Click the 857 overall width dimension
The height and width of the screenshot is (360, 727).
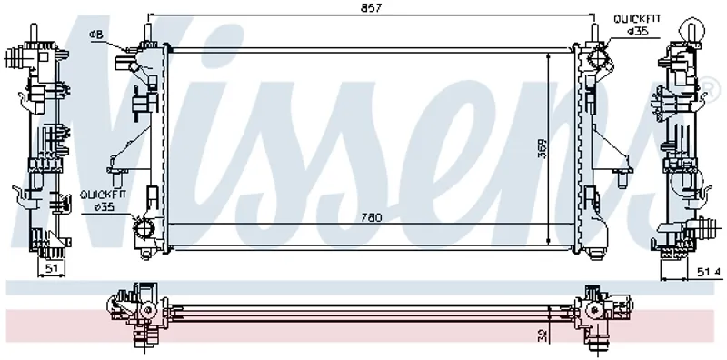pyautogui.click(x=373, y=8)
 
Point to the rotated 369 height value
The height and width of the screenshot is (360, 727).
pyautogui.click(x=542, y=148)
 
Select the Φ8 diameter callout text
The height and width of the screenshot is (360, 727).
pyautogui.click(x=96, y=34)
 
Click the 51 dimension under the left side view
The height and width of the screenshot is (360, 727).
pyautogui.click(x=51, y=266)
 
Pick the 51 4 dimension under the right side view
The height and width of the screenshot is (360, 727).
pyautogui.click(x=710, y=273)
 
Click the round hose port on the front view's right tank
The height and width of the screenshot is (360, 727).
pyautogui.click(x=598, y=60)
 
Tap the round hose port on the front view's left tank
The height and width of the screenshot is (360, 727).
pyautogui.click(x=143, y=228)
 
